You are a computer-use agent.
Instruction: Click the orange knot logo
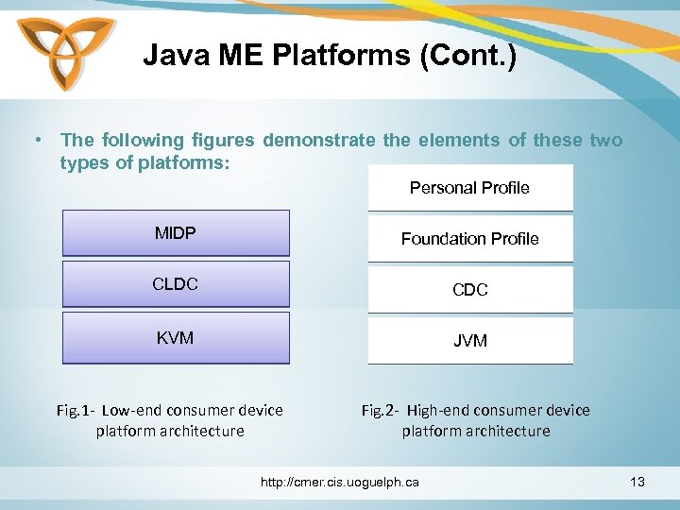[65, 56]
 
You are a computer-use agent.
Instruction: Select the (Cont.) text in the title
[470, 56]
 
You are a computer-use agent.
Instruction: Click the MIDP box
[176, 233]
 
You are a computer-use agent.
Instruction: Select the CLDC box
[176, 284]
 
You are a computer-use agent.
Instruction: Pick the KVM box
[176, 337]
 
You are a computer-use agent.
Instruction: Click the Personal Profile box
[469, 188]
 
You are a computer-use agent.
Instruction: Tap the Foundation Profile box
[469, 239]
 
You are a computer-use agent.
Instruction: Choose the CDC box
[469, 290]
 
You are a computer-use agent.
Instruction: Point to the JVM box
[469, 341]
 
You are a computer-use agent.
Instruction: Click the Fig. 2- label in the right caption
[381, 410]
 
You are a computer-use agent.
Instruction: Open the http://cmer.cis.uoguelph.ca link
[339, 483]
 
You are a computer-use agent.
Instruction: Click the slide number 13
[637, 483]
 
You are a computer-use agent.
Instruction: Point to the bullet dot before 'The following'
[35, 141]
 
